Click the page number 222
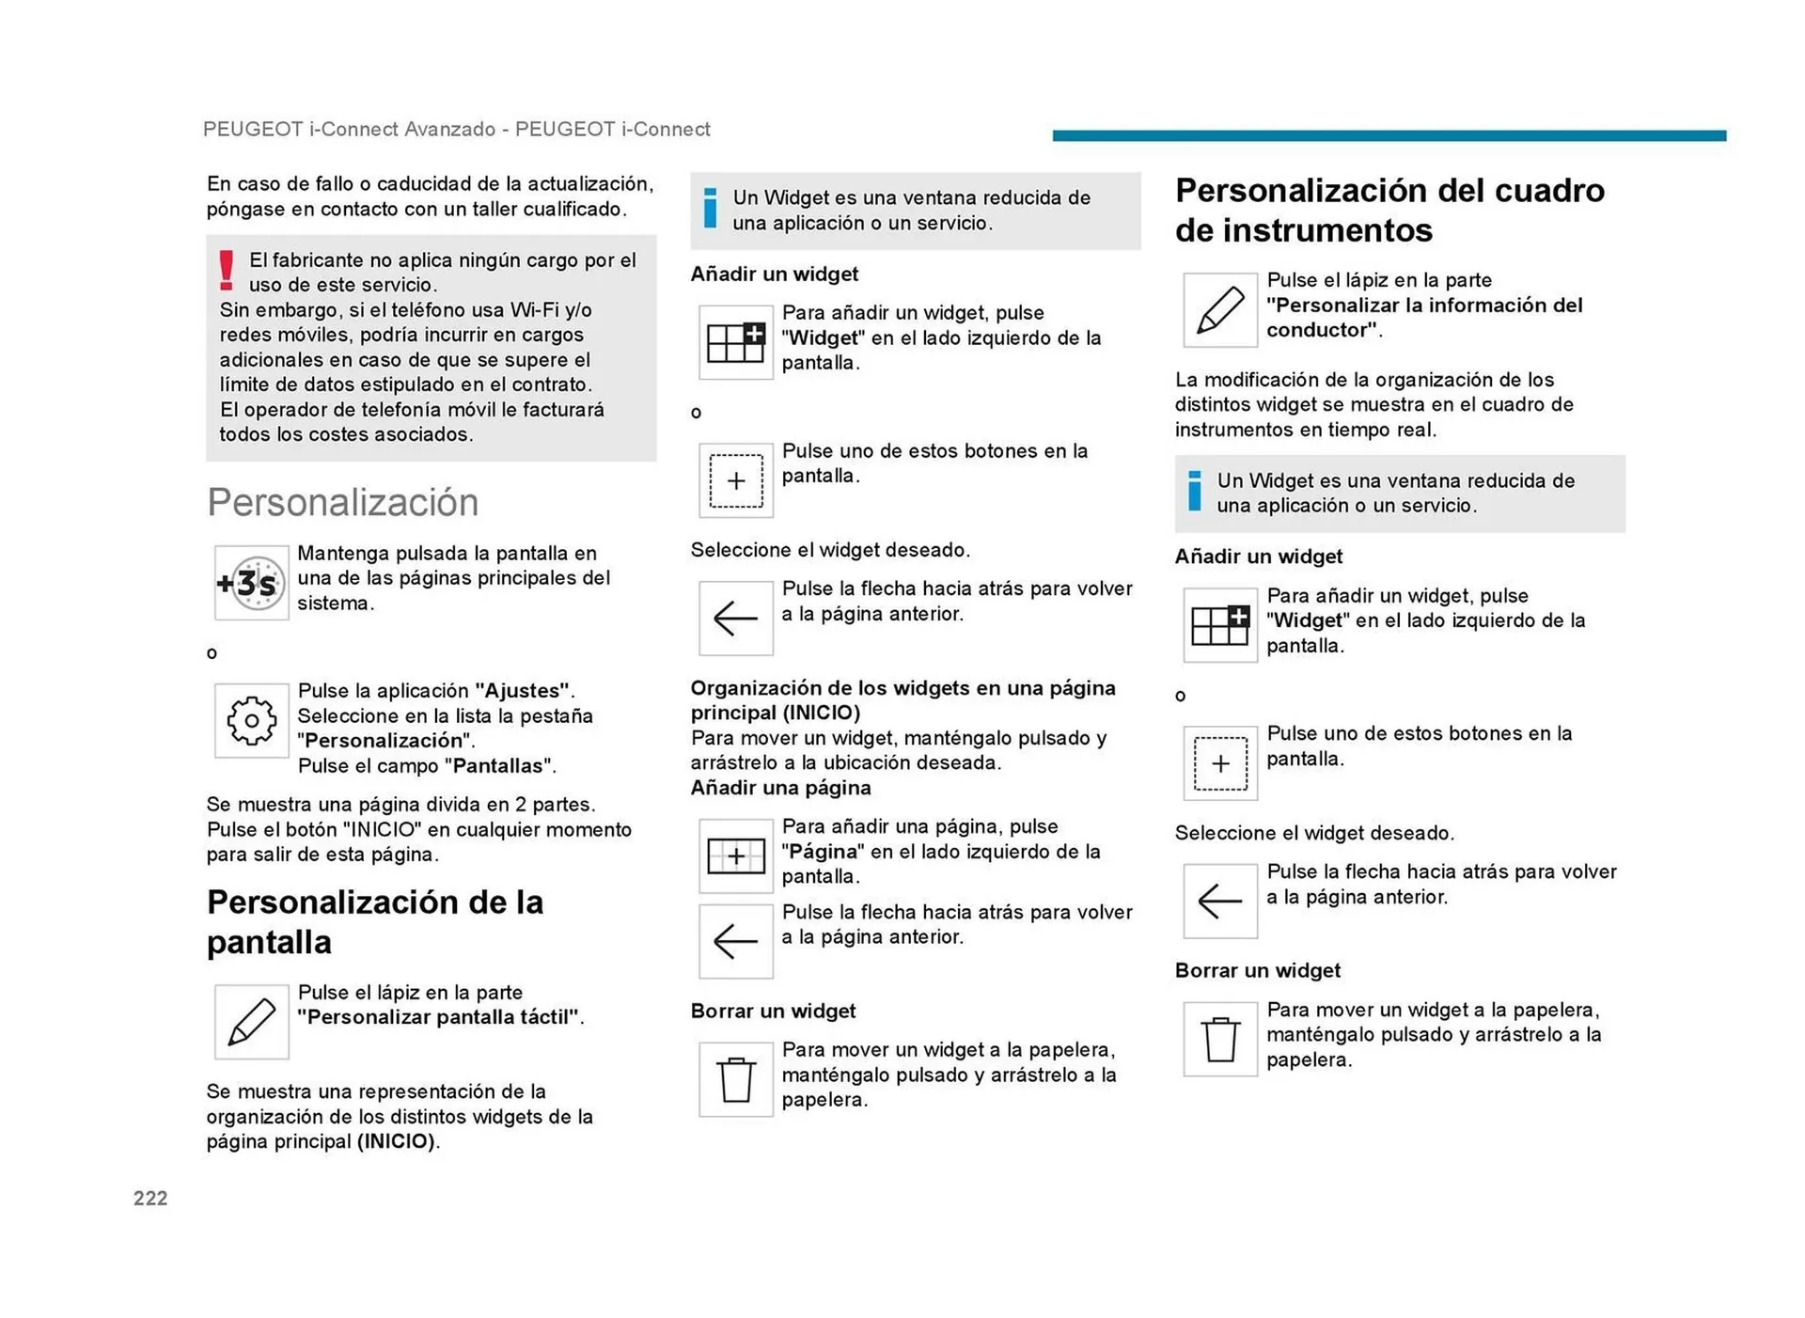tap(150, 1198)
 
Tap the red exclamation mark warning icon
tap(227, 271)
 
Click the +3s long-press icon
tap(251, 583)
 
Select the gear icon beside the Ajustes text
tap(251, 721)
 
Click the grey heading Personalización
tap(343, 502)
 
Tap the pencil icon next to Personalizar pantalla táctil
tap(251, 1022)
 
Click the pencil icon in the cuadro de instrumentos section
tap(1219, 310)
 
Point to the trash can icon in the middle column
tap(735, 1079)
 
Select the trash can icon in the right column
tap(1219, 1039)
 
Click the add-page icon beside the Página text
tap(735, 855)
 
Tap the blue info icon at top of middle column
tap(711, 209)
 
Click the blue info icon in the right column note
tap(1195, 492)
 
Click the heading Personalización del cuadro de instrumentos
tap(1389, 210)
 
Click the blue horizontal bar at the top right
tap(1389, 136)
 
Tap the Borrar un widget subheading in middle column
tap(773, 1011)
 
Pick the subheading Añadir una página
tap(780, 788)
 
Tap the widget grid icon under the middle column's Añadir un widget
tap(735, 342)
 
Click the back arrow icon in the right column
tap(1219, 901)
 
